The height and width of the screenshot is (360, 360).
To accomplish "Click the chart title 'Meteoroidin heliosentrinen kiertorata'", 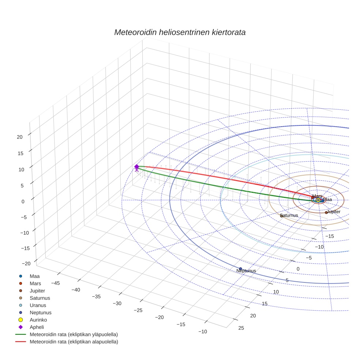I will coord(180,32).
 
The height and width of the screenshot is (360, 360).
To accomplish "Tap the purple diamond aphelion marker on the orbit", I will coord(136,166).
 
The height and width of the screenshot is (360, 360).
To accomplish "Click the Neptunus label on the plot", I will coord(246,271).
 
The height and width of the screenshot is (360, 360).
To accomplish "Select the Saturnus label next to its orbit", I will coord(289,215).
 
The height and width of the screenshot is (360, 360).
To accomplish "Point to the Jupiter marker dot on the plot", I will coord(326,213).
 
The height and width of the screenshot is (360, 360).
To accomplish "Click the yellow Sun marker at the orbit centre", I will coord(318,200).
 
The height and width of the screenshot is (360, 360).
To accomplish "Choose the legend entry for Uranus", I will coord(38,305).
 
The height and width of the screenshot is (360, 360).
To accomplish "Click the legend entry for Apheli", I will coord(37,327).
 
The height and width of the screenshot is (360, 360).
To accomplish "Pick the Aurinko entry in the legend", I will coord(38,320).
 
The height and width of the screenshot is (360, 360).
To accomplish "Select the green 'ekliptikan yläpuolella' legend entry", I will coord(74,334).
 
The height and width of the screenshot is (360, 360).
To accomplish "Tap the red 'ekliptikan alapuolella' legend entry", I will coord(74,342).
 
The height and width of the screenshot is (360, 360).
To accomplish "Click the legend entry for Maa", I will coord(34,276).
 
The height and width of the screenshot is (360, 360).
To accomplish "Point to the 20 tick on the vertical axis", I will coord(20,137).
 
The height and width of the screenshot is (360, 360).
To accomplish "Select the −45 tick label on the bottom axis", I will coord(56,283).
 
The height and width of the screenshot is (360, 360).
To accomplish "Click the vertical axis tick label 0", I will coord(23,201).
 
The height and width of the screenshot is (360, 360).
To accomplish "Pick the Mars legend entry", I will coord(35,283).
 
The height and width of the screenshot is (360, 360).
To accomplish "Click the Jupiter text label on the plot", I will coord(334,212).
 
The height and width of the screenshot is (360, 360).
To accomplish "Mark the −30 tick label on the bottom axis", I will coord(117,303).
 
